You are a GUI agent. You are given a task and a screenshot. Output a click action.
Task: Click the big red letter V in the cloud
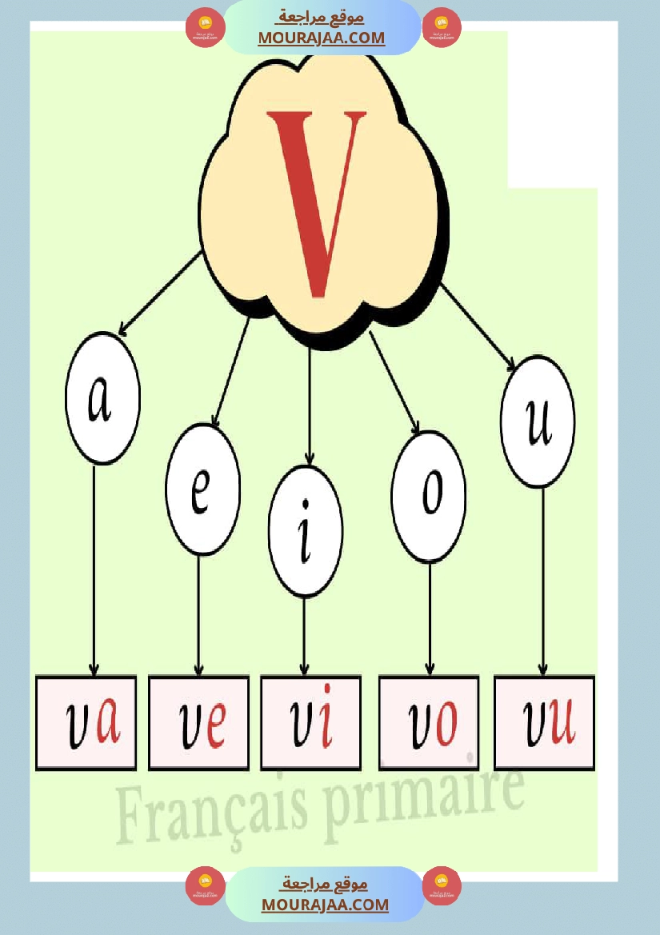point(318,200)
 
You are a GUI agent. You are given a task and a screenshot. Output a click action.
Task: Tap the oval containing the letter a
point(102,398)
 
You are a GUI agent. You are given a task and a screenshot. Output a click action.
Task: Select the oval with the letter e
point(202,489)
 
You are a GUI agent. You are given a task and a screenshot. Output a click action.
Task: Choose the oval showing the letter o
point(430,497)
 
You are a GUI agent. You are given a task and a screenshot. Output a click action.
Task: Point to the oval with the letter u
point(538,422)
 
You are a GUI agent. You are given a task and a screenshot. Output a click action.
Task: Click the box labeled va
point(86,723)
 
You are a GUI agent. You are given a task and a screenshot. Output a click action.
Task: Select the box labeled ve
point(199,723)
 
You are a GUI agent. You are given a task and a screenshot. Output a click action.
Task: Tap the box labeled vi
point(310,723)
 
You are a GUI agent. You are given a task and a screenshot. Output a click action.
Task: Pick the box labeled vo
point(429,723)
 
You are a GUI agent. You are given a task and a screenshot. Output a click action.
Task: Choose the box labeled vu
point(545,723)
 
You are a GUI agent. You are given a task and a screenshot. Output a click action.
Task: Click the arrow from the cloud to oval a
point(160,293)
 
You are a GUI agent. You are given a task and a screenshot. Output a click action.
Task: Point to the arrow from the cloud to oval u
point(478,326)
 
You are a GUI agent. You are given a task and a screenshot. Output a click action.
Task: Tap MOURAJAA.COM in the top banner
point(322,38)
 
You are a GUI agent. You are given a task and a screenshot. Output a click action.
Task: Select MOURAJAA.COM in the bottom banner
point(325,905)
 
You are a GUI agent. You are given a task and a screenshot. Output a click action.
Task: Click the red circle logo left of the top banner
point(205,28)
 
